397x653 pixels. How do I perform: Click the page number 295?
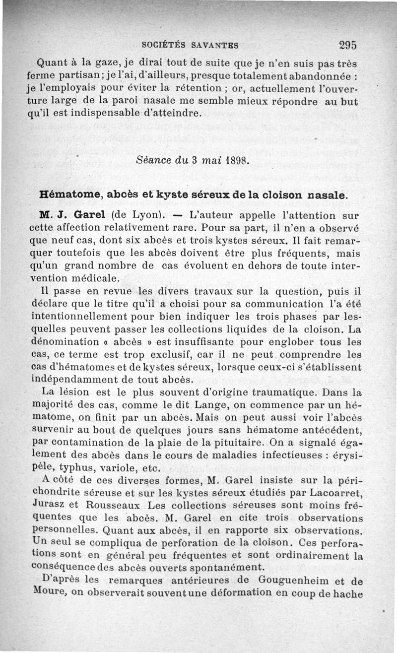pos(348,45)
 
